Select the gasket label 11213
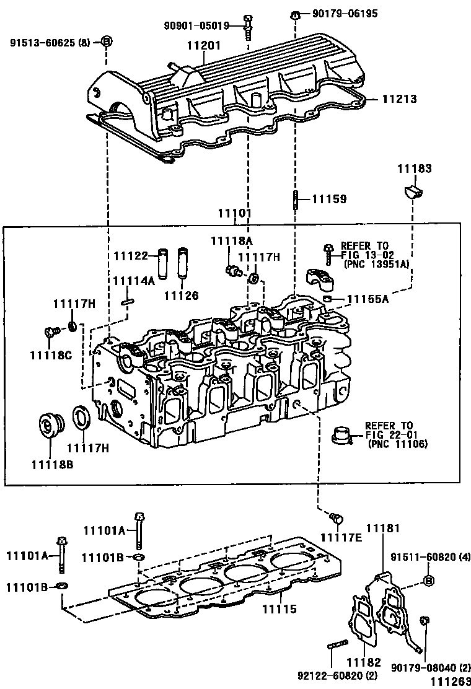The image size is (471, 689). click(398, 99)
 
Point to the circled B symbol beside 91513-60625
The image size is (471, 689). click(106, 42)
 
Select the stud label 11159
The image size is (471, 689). click(328, 199)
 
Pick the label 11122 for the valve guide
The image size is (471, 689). click(131, 255)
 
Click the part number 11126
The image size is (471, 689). click(181, 295)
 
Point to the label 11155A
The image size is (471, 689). click(368, 299)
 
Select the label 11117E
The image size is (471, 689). click(341, 536)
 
